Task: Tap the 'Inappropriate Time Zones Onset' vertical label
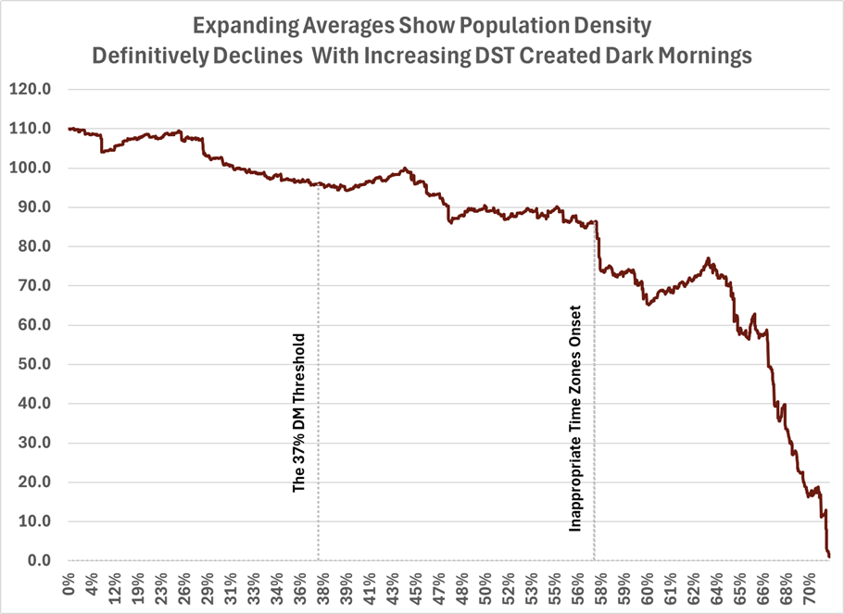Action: click(x=575, y=418)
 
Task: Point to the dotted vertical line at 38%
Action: click(x=319, y=370)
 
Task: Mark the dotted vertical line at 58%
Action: click(x=594, y=389)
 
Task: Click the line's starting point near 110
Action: click(x=70, y=129)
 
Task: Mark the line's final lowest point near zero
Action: click(x=829, y=557)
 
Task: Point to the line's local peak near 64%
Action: click(x=708, y=258)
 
